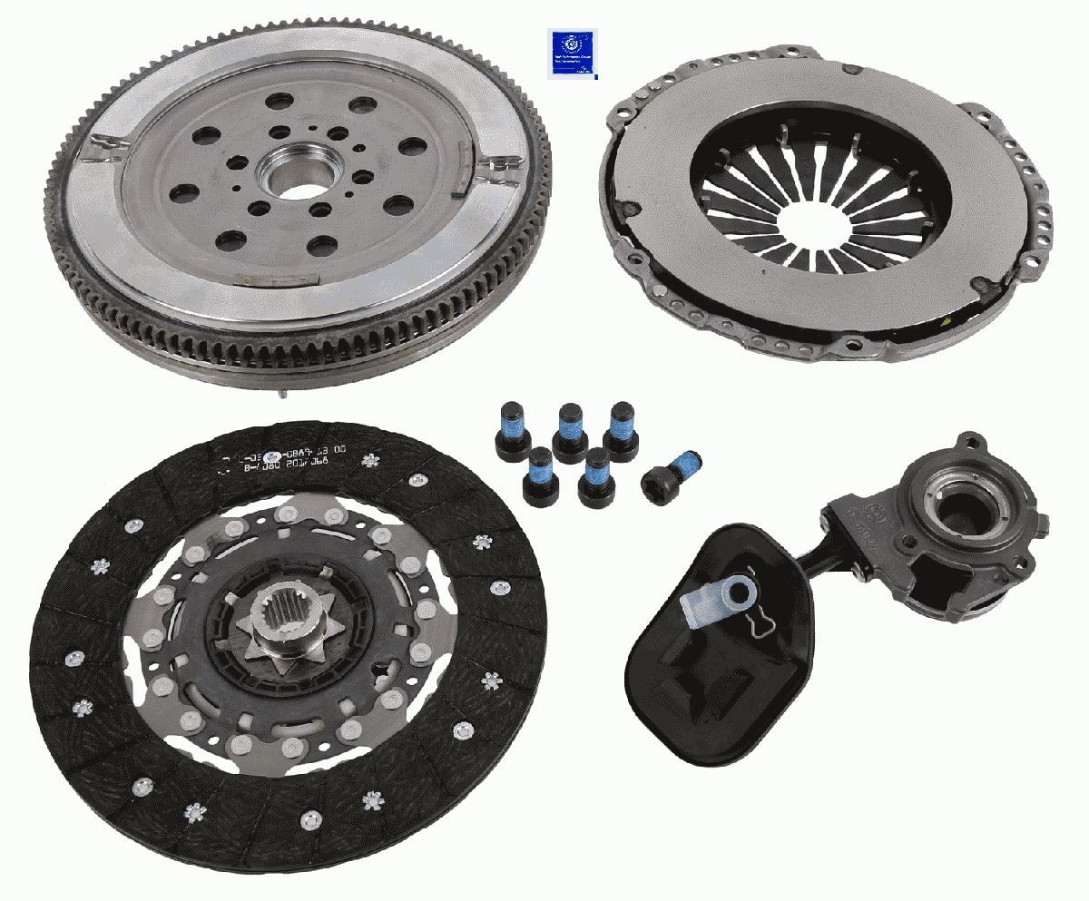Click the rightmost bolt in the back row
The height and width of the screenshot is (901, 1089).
[x=621, y=425]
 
